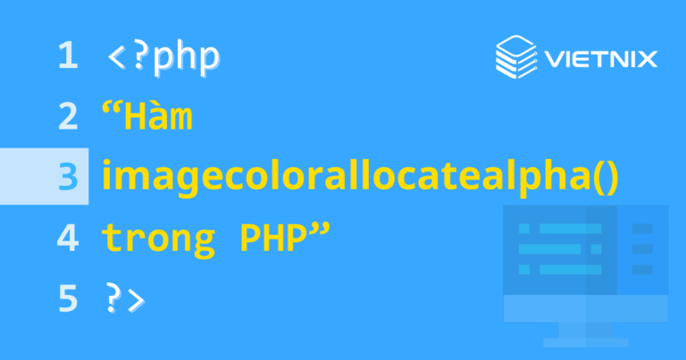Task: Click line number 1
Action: (x=67, y=57)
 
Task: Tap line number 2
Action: (x=67, y=117)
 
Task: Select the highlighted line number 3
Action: (x=67, y=177)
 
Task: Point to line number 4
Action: (x=67, y=238)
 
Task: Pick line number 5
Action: (x=67, y=298)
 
